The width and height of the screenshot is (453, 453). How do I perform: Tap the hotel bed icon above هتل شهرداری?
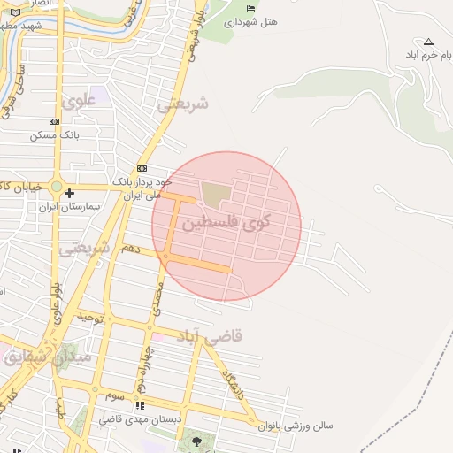pyautogui.click(x=250, y=8)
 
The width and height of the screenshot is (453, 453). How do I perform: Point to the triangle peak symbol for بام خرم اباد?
pyautogui.click(x=429, y=41)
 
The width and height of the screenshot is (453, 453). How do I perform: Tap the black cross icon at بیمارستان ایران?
pyautogui.click(x=69, y=192)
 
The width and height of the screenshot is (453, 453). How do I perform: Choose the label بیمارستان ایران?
pyautogui.click(x=64, y=205)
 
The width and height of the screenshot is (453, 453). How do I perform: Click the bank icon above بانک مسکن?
pyautogui.click(x=55, y=122)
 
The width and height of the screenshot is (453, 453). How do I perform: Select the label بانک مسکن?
pyautogui.click(x=55, y=135)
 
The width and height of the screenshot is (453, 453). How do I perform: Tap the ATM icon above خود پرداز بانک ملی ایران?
pyautogui.click(x=142, y=169)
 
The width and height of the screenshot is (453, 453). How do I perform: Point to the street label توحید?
pyautogui.click(x=91, y=317)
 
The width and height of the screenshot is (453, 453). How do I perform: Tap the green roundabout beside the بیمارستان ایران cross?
pyautogui.click(x=57, y=188)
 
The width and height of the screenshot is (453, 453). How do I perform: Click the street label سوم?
pyautogui.click(x=113, y=395)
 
